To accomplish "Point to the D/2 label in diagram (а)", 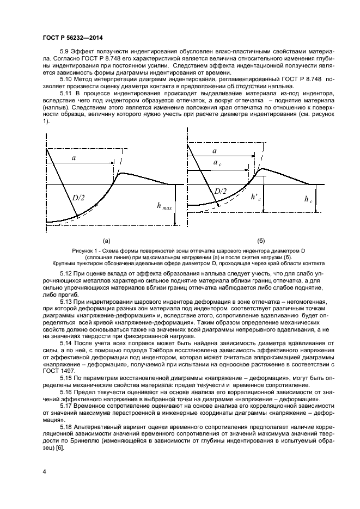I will point(78,197).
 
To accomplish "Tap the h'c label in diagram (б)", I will point(255,199).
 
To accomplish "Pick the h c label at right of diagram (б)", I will point(309,199).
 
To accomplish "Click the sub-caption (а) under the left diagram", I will point(106,240).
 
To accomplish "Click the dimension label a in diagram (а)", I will point(72,158).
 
